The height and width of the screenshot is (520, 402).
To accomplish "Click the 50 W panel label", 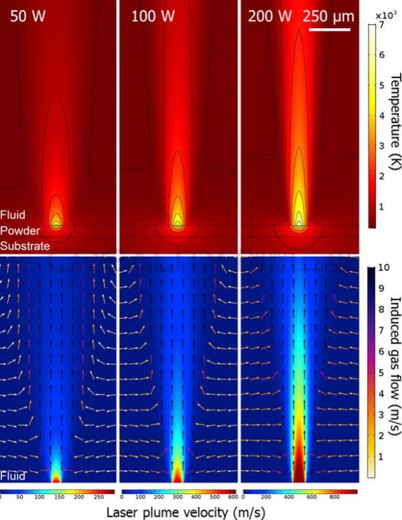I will click(27, 16).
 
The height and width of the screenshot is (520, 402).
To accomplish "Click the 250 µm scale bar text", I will click(327, 16).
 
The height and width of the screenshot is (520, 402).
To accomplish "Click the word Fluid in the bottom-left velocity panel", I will click(13, 476).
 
